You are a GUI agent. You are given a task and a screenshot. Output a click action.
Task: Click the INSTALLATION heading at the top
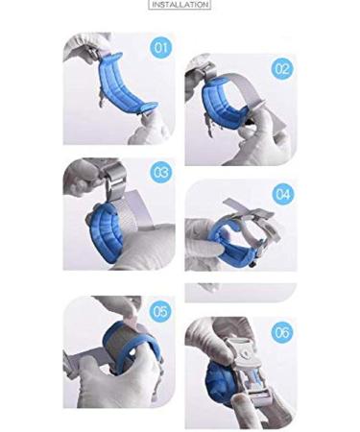pos(180,5)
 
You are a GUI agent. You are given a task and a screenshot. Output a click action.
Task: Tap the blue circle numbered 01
pos(160,47)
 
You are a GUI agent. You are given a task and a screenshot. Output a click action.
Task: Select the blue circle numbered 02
pos(282,68)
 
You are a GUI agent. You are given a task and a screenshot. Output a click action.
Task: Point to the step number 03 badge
pos(160,172)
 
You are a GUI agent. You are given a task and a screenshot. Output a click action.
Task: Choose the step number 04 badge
pos(282,194)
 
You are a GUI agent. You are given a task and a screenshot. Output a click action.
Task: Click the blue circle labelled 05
pos(160,311)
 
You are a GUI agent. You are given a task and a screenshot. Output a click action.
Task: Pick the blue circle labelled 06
pos(282,332)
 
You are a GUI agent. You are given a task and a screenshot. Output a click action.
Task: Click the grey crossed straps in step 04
pos(252,214)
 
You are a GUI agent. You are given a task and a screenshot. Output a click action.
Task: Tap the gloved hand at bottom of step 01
pos(150,132)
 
